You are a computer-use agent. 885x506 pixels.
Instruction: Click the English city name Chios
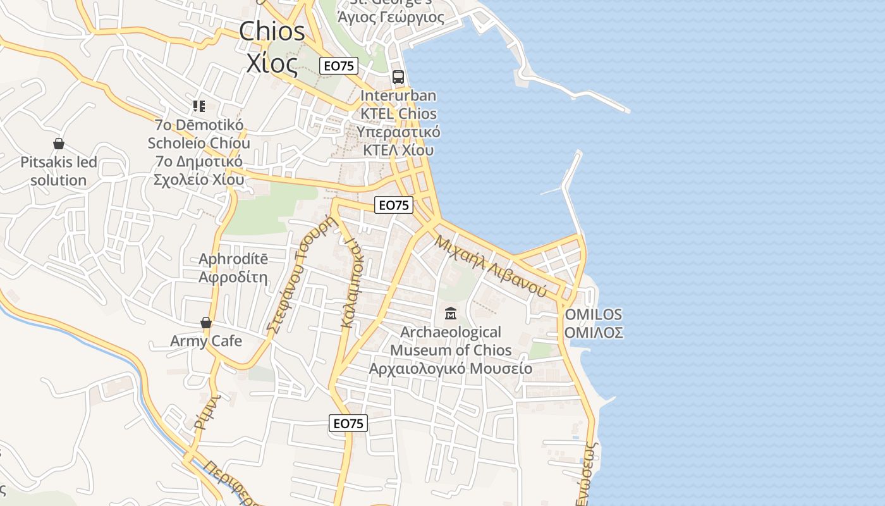272,32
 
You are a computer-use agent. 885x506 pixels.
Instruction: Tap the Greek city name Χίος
272,64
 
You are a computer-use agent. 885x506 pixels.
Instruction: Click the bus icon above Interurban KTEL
398,77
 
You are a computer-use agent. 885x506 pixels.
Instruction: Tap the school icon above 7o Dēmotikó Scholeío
199,106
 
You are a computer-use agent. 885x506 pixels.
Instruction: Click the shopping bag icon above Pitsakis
59,144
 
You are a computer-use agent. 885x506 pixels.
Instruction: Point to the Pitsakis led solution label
59,171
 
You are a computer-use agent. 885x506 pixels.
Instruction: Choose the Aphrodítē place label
233,268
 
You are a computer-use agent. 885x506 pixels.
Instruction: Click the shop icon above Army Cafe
206,323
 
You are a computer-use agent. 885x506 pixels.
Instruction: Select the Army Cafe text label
206,342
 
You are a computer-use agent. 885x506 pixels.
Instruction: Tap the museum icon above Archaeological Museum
451,312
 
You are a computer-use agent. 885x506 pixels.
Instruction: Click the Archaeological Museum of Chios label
451,350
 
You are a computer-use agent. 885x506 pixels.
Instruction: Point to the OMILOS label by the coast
593,323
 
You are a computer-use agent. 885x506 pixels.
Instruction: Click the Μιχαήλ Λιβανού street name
491,266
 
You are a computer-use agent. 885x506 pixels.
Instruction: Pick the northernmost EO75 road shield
339,66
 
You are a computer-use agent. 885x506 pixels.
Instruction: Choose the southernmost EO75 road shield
348,423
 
